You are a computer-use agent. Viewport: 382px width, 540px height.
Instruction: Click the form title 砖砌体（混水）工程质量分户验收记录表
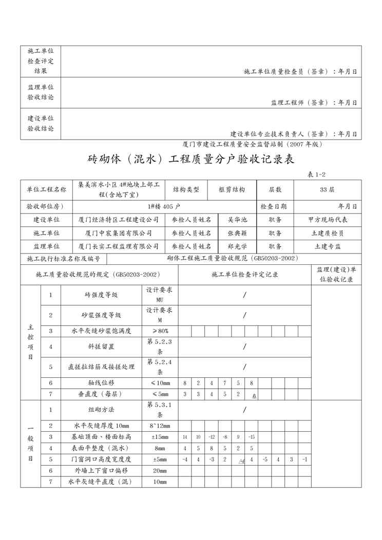tap(191, 160)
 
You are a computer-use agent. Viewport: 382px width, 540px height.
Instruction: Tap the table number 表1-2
tap(317, 175)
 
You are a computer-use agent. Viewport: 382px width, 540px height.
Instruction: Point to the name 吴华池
tap(237, 219)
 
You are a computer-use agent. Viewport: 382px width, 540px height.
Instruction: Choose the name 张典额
tap(237, 233)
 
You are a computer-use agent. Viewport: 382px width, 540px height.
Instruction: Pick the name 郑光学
tap(237, 246)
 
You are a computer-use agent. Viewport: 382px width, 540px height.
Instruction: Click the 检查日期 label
tap(277, 206)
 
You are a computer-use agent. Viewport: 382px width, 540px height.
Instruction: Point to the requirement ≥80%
tap(160, 331)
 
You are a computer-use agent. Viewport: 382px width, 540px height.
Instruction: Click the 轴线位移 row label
tap(101, 383)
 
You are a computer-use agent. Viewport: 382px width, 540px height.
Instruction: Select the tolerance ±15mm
tap(160, 437)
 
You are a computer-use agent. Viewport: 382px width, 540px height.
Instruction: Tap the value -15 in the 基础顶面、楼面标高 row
tap(251, 437)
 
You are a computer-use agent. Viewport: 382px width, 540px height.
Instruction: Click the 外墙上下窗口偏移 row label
tap(101, 470)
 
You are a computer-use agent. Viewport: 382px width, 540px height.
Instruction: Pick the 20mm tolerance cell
tap(160, 470)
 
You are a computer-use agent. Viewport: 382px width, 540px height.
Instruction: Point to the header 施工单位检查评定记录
tap(244, 275)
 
